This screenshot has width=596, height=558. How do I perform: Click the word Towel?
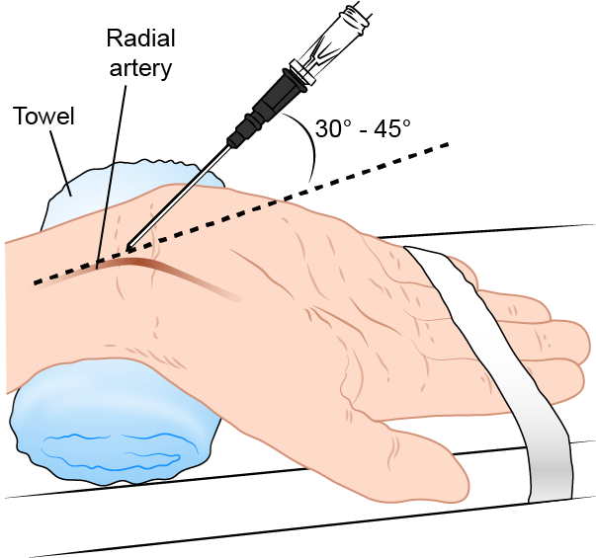(43, 118)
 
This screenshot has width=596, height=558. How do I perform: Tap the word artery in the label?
(141, 68)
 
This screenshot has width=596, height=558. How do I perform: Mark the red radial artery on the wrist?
(158, 265)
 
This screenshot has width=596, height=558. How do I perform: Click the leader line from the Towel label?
(59, 158)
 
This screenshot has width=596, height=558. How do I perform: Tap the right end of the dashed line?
(448, 144)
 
